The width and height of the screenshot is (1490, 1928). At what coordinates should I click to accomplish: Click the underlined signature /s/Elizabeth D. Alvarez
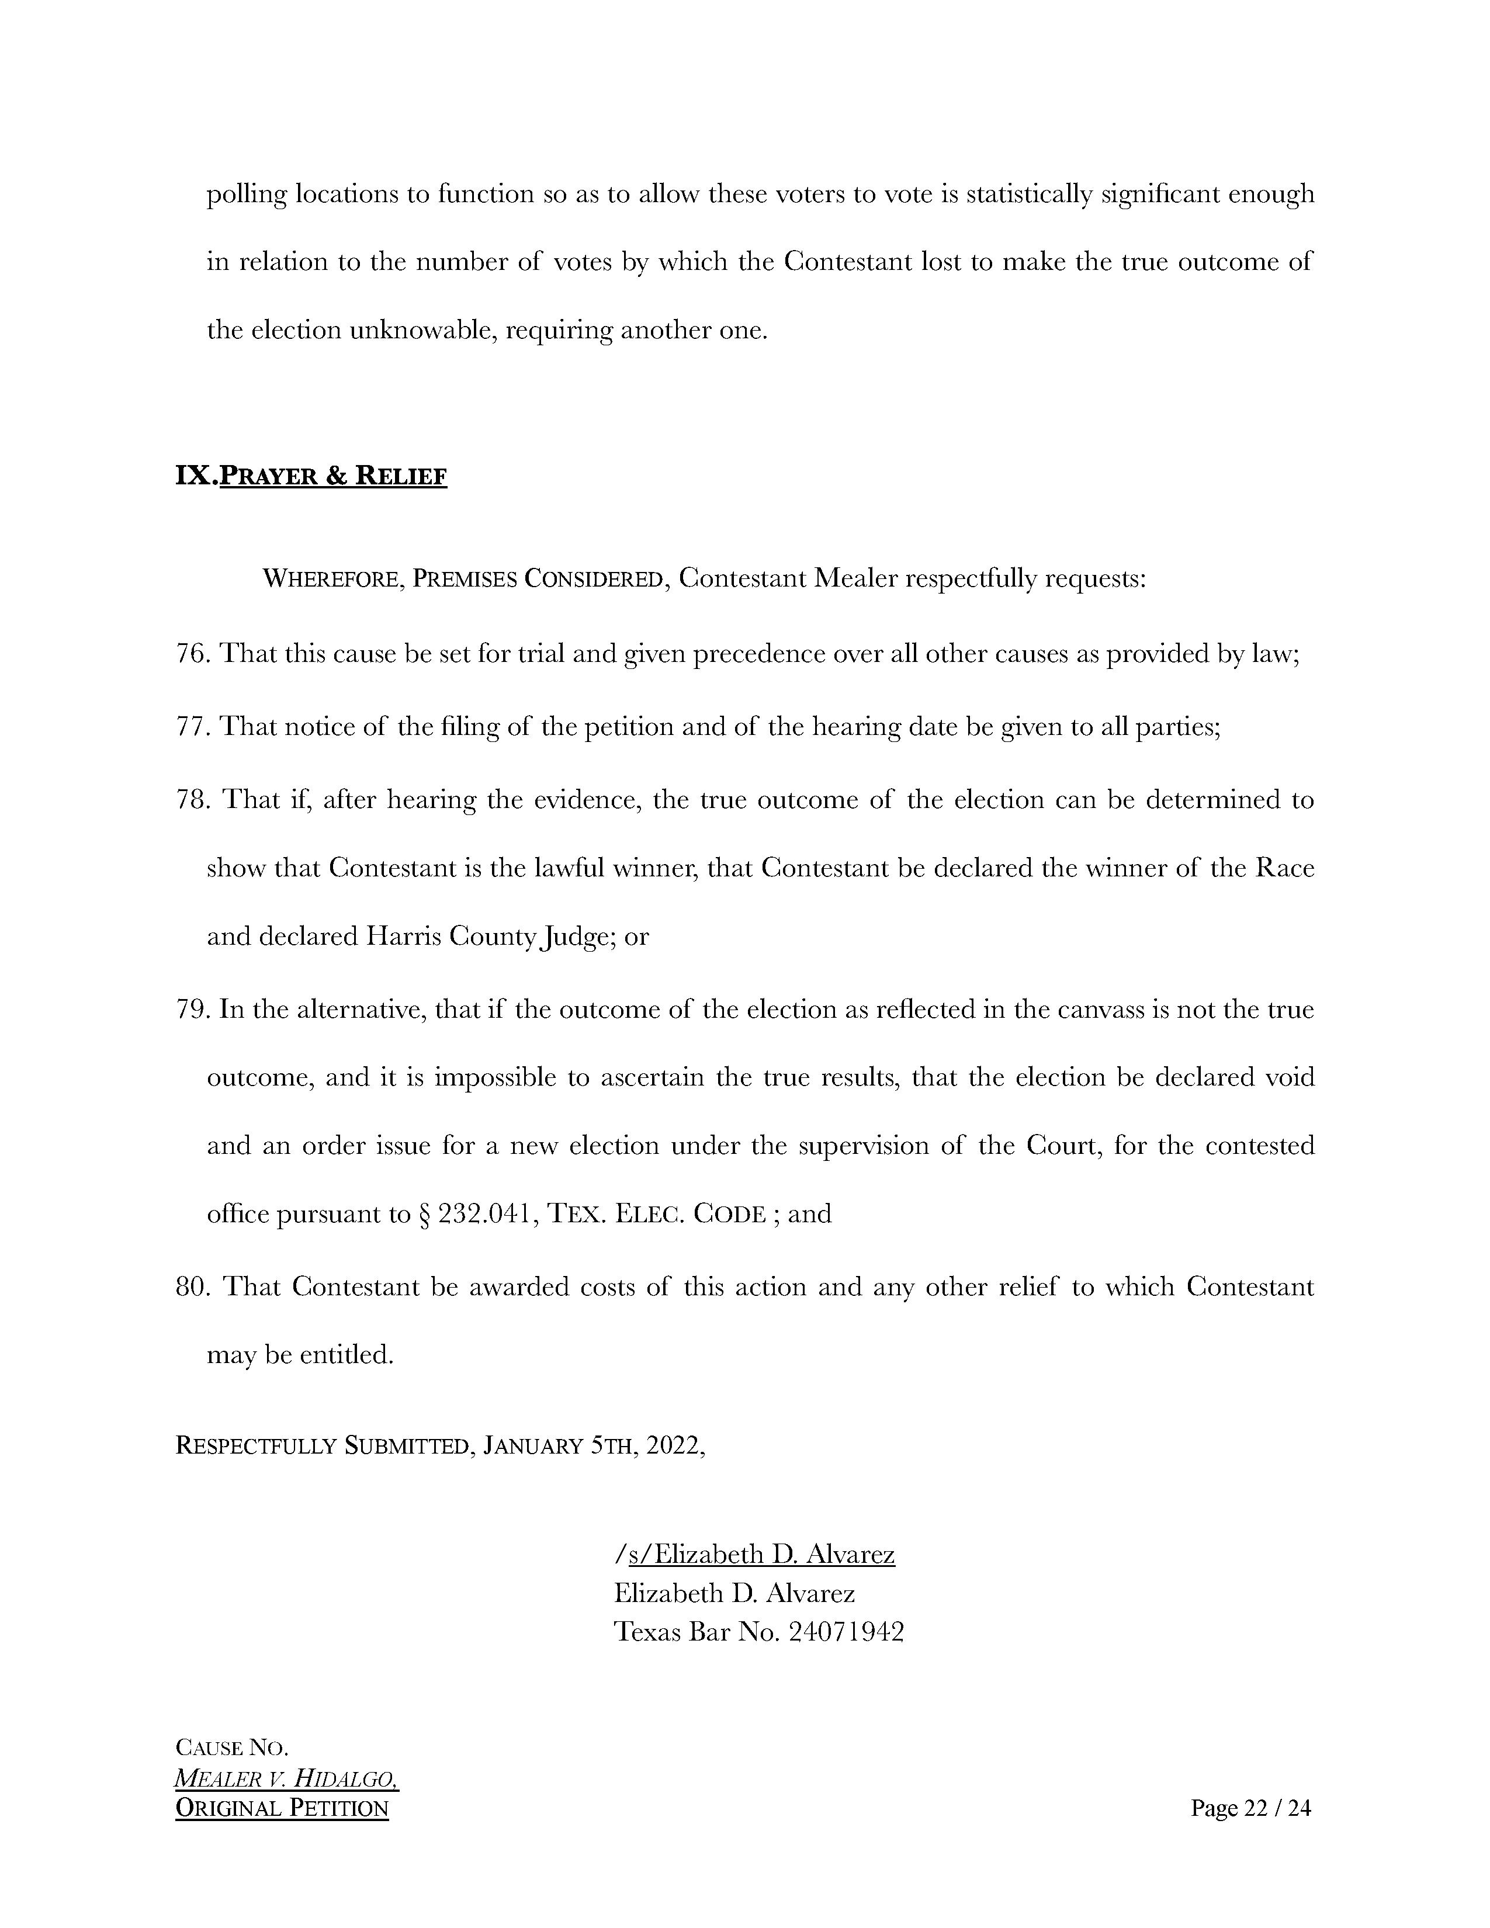click(x=755, y=1554)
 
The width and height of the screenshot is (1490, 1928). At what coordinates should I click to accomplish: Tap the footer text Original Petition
click(x=282, y=1808)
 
